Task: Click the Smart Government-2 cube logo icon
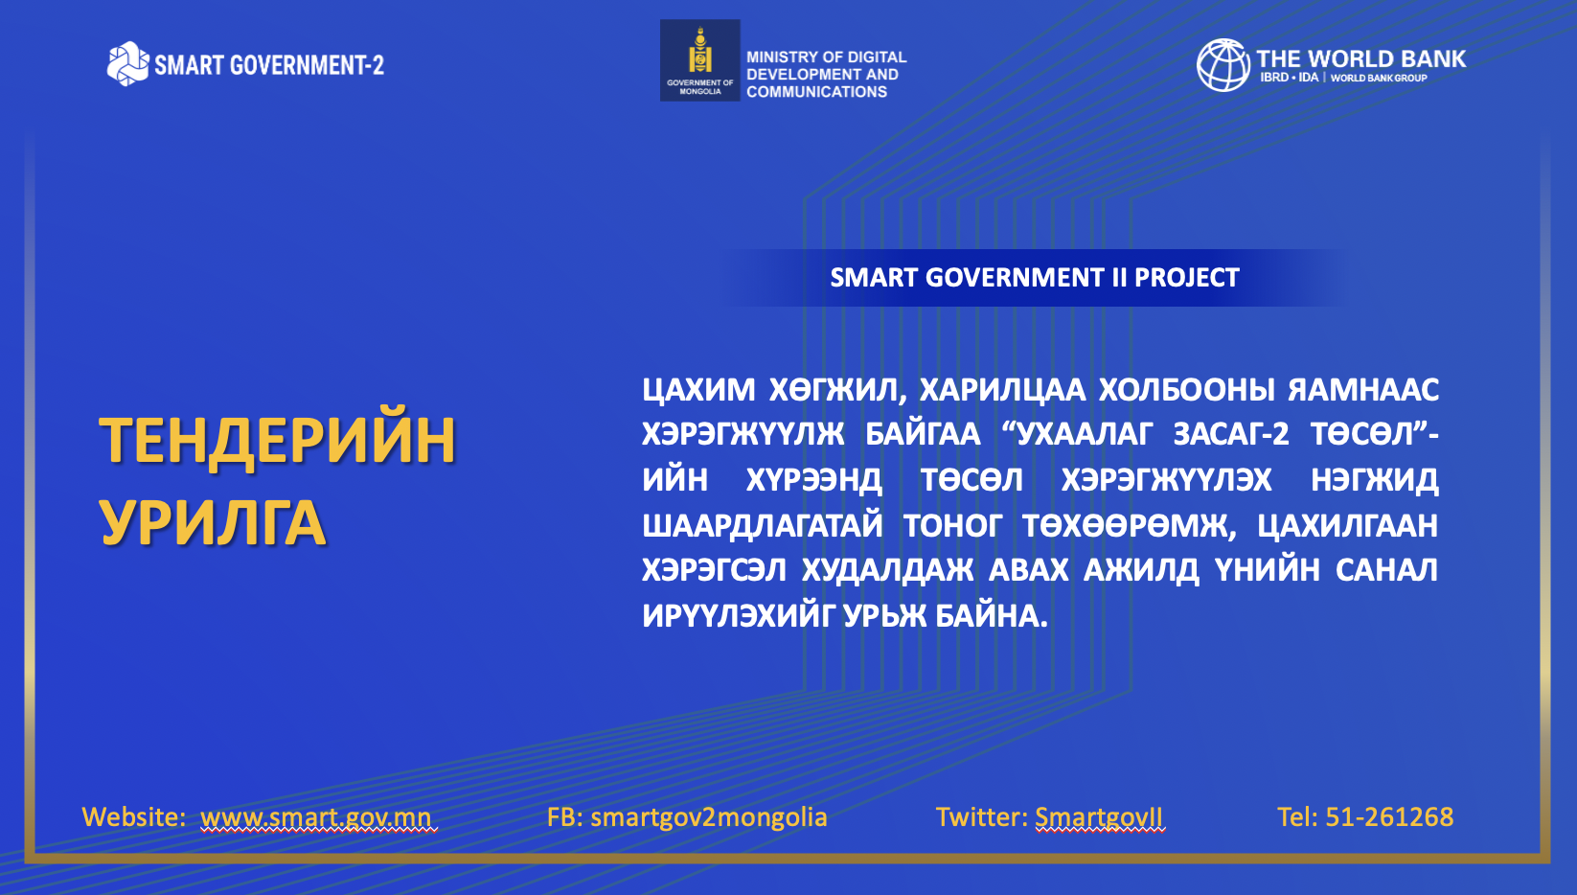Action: click(x=127, y=64)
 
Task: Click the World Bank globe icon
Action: click(x=1223, y=65)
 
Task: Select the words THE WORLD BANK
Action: click(x=1360, y=58)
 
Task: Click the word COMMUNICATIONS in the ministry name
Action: click(x=816, y=92)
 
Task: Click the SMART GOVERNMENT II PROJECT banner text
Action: click(x=1034, y=278)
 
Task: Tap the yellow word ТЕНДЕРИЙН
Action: click(x=278, y=442)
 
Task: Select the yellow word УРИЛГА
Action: click(x=213, y=522)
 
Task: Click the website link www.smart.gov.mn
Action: click(x=316, y=817)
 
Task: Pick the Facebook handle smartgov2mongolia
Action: click(x=709, y=817)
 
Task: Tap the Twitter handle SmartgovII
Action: click(x=1099, y=817)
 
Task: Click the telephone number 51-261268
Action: click(x=1389, y=816)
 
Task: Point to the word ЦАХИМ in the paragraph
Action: click(x=698, y=389)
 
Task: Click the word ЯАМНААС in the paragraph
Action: click(x=1363, y=389)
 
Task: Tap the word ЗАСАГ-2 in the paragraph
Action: click(x=1231, y=434)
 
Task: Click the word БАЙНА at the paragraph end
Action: click(x=992, y=616)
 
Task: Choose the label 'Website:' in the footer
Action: click(x=134, y=816)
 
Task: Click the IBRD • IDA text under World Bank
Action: click(x=1289, y=78)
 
